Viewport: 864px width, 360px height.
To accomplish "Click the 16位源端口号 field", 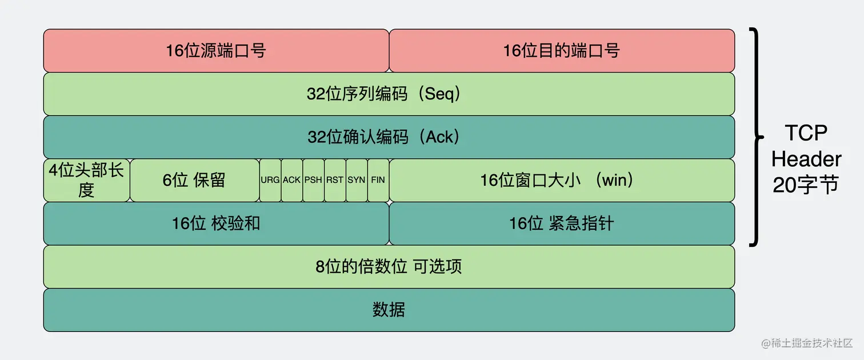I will (216, 50).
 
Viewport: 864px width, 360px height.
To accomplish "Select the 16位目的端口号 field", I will (561, 50).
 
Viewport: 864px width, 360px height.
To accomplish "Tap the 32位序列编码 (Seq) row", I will (389, 94).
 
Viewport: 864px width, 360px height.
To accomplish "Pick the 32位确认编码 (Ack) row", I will (389, 137).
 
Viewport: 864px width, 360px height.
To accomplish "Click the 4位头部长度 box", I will (86, 180).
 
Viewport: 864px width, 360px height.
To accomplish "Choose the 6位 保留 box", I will (194, 180).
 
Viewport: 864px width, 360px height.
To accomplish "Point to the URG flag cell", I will (270, 180).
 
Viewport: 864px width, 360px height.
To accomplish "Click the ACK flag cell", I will (291, 180).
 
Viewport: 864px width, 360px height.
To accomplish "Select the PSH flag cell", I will (313, 180).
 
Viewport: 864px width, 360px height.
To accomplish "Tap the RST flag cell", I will (335, 180).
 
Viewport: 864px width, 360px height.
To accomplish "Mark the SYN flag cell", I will (357, 180).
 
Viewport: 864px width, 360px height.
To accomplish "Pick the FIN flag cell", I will (378, 180).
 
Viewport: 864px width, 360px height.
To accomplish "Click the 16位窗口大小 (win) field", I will (561, 180).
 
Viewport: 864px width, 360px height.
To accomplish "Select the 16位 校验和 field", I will (216, 223).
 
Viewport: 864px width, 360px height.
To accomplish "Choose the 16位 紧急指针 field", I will (561, 223).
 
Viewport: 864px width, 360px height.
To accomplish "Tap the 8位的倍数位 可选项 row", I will (389, 266).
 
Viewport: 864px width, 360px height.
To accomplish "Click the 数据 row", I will (389, 310).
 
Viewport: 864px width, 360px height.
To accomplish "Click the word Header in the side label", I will (806, 159).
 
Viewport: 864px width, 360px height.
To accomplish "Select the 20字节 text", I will (806, 184).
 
